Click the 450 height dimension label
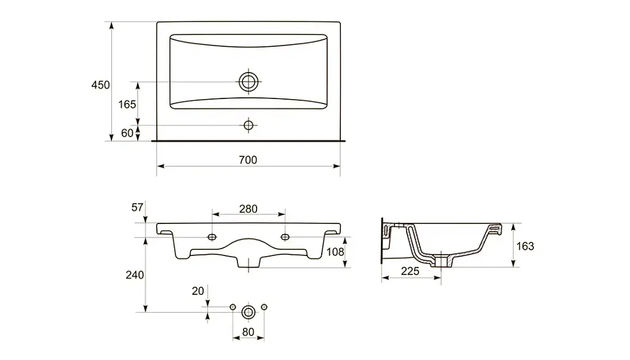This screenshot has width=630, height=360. pyautogui.click(x=100, y=85)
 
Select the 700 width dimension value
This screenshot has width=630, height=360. pyautogui.click(x=248, y=160)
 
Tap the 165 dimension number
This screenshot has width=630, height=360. pyautogui.click(x=127, y=105)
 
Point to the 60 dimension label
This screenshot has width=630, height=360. pyautogui.click(x=127, y=133)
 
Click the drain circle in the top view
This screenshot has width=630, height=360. pyautogui.click(x=249, y=82)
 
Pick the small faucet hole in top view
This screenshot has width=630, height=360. pyautogui.click(x=249, y=126)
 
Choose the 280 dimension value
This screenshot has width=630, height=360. pyautogui.click(x=249, y=209)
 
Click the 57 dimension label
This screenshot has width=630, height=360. pyautogui.click(x=137, y=207)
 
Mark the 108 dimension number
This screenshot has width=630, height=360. pyautogui.click(x=335, y=252)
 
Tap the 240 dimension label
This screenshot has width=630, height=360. pyautogui.click(x=135, y=275)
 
